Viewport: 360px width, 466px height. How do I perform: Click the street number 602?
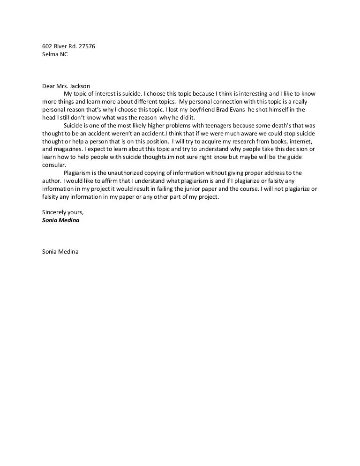click(47, 46)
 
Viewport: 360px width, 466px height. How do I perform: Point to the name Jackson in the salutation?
click(80, 86)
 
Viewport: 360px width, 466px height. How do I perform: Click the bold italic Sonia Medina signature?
click(60, 220)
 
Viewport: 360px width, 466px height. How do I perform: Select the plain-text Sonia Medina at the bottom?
click(60, 252)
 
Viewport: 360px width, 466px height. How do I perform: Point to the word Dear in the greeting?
click(49, 86)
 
